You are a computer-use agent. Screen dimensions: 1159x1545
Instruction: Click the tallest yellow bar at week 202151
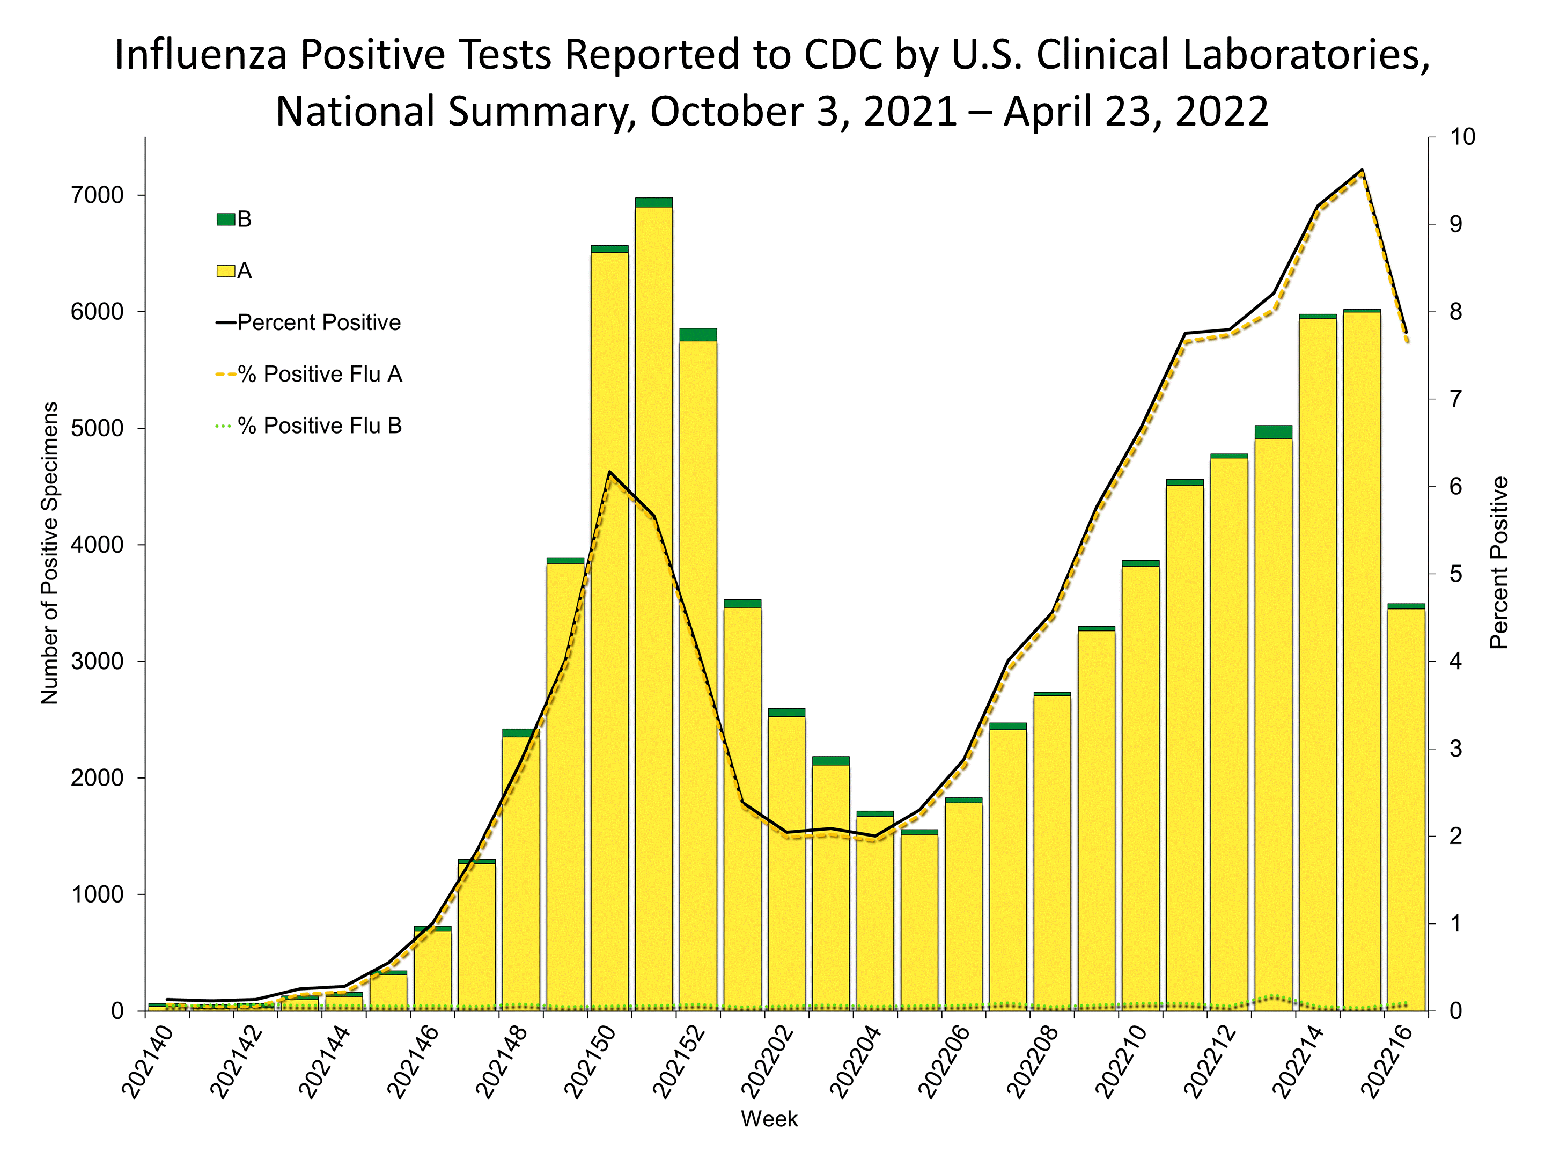coord(654,608)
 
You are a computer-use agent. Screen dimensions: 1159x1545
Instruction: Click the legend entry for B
coord(234,219)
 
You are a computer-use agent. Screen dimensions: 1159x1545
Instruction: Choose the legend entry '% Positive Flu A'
coord(310,375)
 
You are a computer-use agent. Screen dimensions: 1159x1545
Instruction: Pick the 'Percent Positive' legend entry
coord(310,323)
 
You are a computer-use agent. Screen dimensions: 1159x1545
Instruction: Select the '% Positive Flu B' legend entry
coord(310,426)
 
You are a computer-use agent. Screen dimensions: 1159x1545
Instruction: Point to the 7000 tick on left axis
coord(97,196)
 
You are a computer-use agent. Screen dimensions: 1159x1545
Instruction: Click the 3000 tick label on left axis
coord(97,662)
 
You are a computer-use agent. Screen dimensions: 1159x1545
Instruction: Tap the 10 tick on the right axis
coord(1462,137)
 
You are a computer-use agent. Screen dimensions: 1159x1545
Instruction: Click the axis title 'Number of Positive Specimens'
coord(49,553)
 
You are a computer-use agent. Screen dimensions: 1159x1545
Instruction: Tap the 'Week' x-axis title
coord(769,1119)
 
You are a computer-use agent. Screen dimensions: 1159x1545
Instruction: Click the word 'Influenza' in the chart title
coord(201,55)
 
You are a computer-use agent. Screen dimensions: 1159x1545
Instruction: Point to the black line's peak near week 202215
coord(1362,170)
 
